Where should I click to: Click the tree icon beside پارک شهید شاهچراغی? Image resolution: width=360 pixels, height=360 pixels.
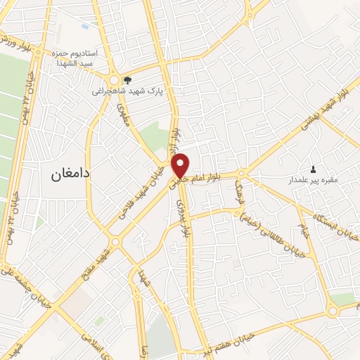[x=127, y=80]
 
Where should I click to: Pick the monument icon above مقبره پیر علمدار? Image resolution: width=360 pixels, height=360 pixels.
[x=313, y=169]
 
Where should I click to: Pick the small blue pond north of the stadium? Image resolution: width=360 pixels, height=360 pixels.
[x=84, y=26]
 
